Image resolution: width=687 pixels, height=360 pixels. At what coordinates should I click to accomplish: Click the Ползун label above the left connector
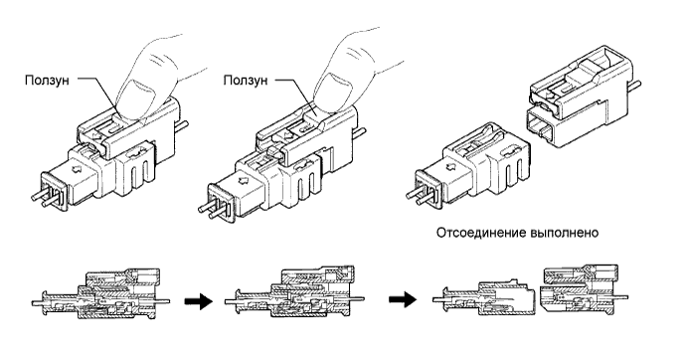point(47,81)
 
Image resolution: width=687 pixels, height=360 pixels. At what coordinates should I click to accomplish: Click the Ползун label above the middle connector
point(246,81)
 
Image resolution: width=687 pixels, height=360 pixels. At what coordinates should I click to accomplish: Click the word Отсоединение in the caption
point(480,233)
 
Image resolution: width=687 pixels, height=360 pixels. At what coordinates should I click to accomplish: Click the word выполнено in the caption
point(564,233)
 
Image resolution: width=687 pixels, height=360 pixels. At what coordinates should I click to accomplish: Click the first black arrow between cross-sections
point(199,301)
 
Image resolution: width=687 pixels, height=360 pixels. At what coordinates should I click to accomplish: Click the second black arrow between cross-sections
point(403,300)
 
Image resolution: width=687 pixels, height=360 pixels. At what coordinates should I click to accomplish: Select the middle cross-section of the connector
point(294,291)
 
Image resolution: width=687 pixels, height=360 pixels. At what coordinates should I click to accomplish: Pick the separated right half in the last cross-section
point(584,287)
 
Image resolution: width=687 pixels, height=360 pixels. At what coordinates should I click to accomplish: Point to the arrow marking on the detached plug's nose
point(450,168)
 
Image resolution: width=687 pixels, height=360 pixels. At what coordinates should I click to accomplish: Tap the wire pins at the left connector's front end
point(44,198)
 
